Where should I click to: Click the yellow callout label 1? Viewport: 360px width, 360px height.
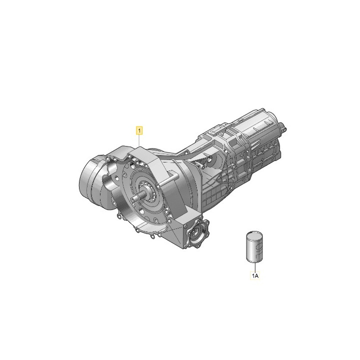(x=139, y=130)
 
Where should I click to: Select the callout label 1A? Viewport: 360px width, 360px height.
(x=255, y=275)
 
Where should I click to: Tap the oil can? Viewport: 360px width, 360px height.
(x=254, y=246)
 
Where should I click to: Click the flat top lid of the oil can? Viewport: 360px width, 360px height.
(x=254, y=235)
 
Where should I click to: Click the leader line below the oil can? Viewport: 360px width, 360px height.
(x=254, y=267)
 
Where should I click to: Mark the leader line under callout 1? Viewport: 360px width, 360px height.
(x=139, y=140)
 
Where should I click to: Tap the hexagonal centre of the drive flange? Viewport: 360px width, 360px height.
(x=196, y=233)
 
